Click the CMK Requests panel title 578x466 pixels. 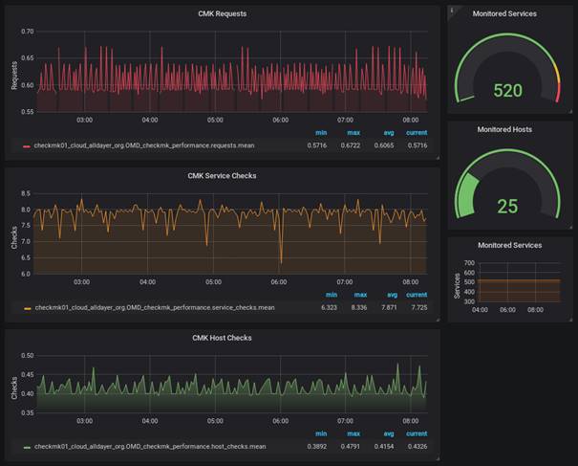tap(222, 13)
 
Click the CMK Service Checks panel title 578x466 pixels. tap(222, 175)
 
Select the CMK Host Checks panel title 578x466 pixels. tap(222, 337)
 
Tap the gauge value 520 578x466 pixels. tap(507, 91)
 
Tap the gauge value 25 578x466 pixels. tap(507, 206)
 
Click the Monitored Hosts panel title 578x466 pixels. tap(504, 129)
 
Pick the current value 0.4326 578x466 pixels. tap(416, 447)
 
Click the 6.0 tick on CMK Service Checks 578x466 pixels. tap(28, 274)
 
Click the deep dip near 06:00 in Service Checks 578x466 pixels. tap(281, 260)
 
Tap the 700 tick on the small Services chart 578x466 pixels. tap(469, 261)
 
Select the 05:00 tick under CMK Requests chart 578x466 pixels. tap(215, 121)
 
